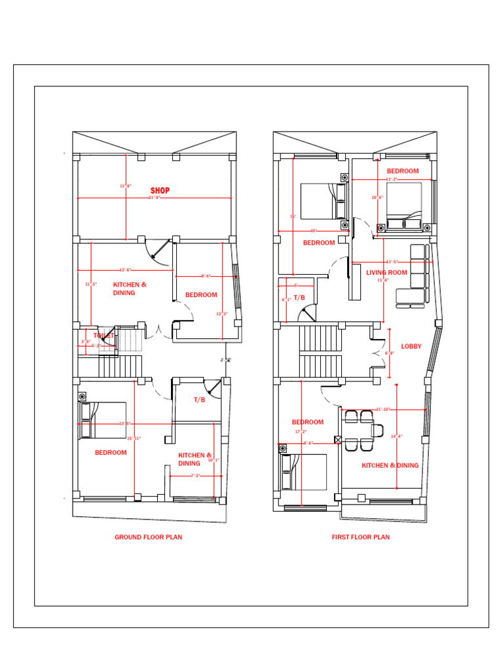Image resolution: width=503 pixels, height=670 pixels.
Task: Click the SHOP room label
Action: (160, 190)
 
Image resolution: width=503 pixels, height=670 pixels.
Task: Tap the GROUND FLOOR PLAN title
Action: (149, 537)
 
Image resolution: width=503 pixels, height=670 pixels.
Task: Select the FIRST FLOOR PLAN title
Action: (360, 537)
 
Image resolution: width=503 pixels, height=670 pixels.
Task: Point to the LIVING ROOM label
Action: (386, 272)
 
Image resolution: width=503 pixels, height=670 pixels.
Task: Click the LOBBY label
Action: (411, 346)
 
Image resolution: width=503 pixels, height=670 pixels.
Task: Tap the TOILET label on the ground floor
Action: (104, 336)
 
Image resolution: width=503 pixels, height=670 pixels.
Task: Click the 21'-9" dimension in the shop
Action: (155, 197)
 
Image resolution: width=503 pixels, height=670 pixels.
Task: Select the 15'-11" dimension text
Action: (134, 438)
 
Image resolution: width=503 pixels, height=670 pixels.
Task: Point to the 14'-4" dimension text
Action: (396, 436)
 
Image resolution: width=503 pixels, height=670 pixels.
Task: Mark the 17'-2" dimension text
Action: (301, 432)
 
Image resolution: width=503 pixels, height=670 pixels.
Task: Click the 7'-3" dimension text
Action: (195, 476)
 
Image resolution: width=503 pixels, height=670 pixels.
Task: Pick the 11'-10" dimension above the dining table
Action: (383, 409)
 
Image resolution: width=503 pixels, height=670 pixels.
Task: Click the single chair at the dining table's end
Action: (378, 430)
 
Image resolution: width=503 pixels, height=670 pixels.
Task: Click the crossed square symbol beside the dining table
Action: (338, 440)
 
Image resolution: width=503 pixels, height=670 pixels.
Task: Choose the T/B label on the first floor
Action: (299, 298)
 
